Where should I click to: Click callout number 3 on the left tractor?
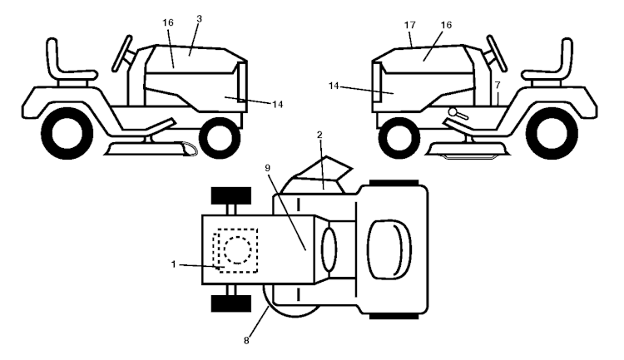coord(200,18)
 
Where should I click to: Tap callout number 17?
coord(410,25)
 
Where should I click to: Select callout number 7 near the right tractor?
coord(498,85)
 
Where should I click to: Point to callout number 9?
coord(267,168)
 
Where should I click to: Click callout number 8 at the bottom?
coord(246,341)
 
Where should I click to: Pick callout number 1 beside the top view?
coord(174,264)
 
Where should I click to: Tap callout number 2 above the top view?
coord(319,135)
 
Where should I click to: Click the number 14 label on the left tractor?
coord(277,104)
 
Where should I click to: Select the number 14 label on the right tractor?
coord(334,86)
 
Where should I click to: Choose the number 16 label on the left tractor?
coord(168,22)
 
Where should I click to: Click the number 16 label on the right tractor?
coord(446,25)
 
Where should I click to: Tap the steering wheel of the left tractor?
coord(122,53)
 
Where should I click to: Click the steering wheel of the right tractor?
coord(497,53)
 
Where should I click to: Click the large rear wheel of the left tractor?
coord(67,133)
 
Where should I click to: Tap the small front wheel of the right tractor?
coord(399,138)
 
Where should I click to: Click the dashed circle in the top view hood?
coord(238,249)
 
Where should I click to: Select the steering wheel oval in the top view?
coord(329,249)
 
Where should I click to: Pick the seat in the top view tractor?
coord(389,249)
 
